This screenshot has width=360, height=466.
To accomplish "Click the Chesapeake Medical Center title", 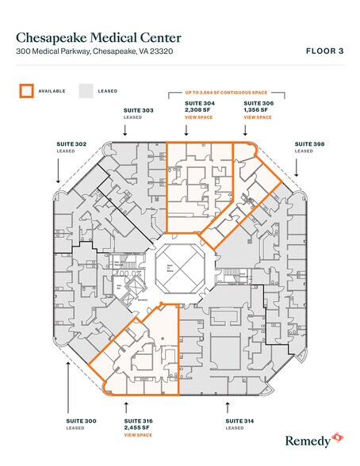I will pyautogui.click(x=98, y=37).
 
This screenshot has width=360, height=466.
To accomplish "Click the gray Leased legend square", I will pyautogui.click(x=85, y=90).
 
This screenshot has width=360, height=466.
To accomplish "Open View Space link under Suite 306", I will pyautogui.click(x=257, y=116).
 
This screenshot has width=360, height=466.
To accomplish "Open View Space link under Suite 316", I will pyautogui.click(x=138, y=435).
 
